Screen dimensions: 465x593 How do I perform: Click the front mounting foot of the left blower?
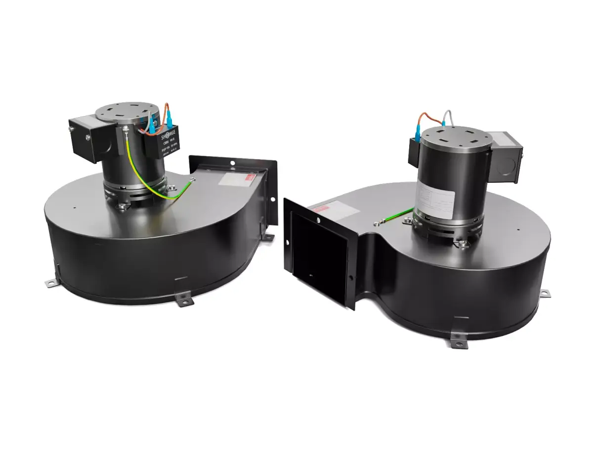pyautogui.click(x=184, y=298)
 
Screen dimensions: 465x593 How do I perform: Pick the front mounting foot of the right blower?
pyautogui.click(x=459, y=342)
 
